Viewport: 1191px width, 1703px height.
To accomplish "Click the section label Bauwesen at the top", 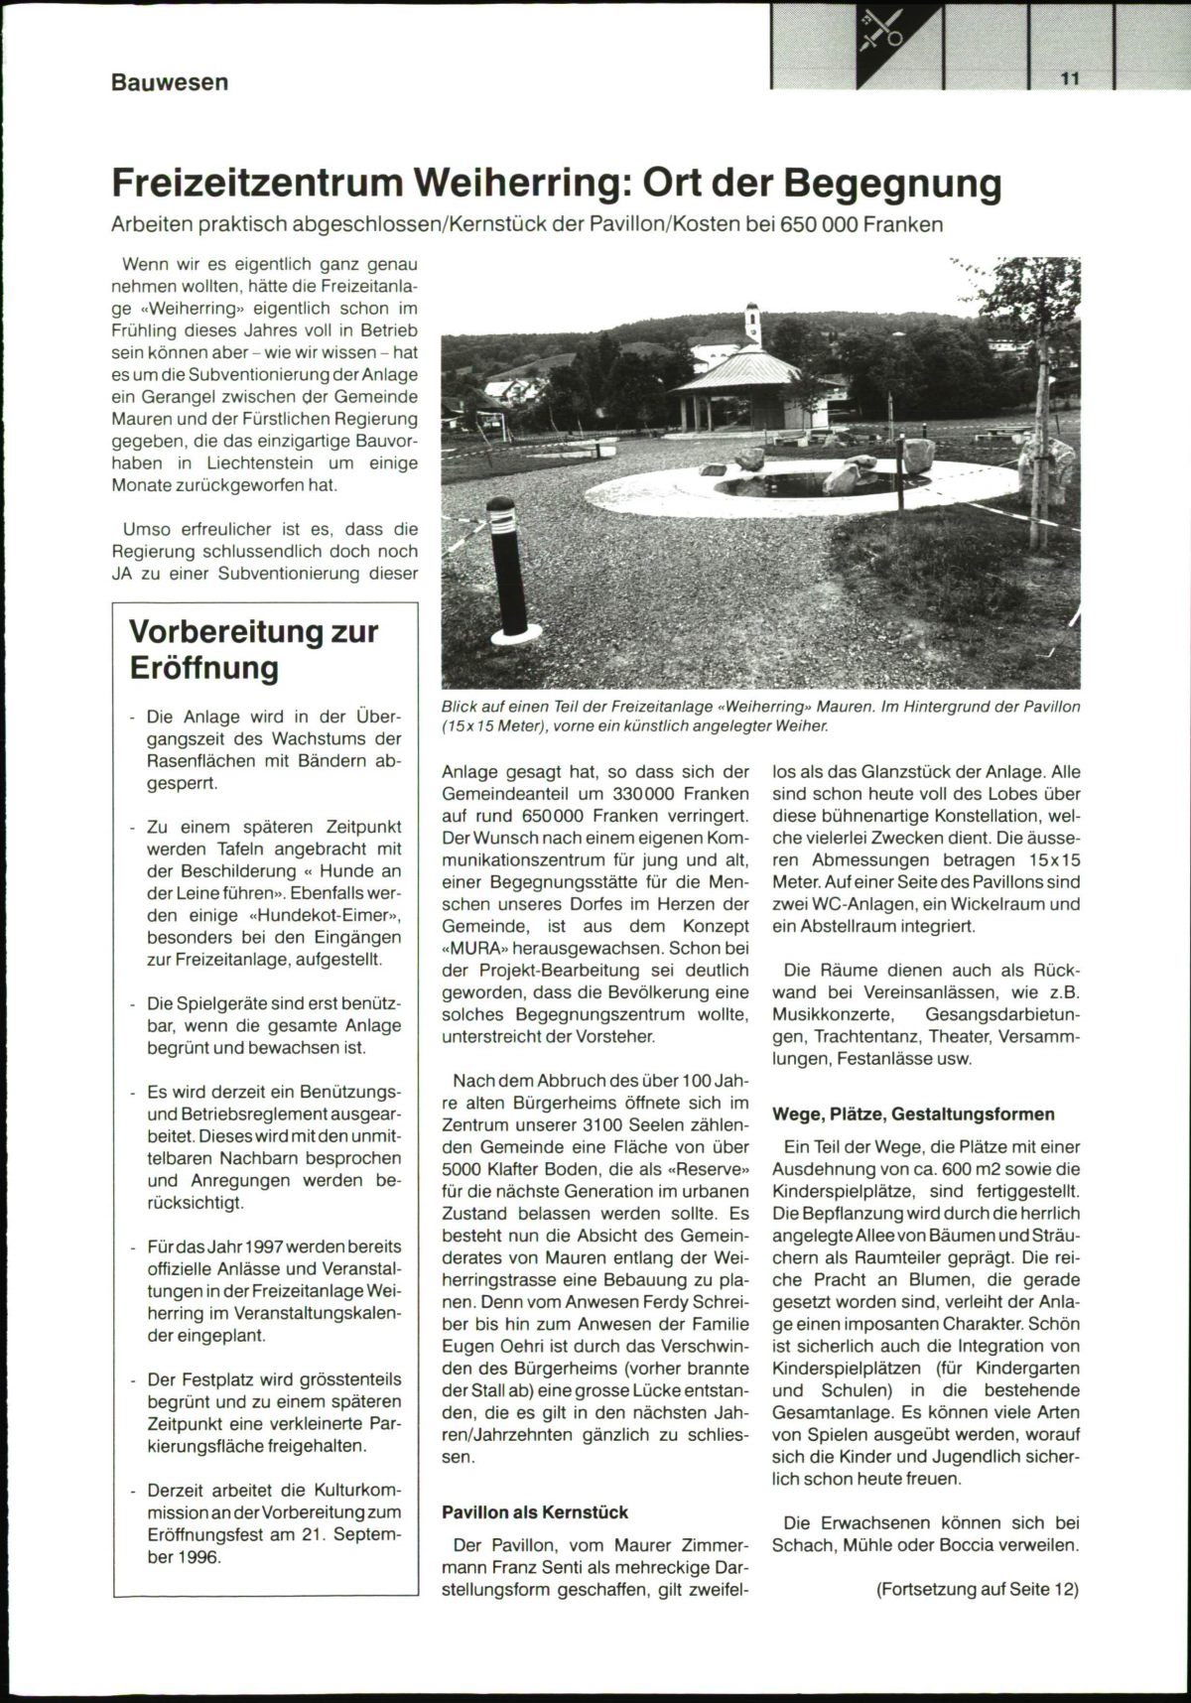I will coord(170,81).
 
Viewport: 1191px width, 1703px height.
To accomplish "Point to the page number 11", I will coord(1069,79).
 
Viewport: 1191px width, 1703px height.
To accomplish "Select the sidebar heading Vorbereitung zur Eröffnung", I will coord(254,649).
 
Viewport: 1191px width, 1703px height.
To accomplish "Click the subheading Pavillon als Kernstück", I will coord(535,1512).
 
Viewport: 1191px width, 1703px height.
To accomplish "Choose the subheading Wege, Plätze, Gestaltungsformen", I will coord(913,1113).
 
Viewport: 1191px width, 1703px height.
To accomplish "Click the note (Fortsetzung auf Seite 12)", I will coord(977,1589).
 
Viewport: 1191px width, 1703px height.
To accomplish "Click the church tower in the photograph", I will coord(753,322).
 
